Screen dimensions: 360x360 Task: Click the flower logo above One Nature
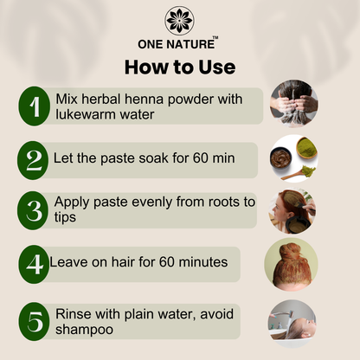point(179,21)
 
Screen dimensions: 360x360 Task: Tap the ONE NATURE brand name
point(177,44)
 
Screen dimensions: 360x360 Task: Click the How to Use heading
point(180,67)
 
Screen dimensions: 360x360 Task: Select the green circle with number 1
point(35,106)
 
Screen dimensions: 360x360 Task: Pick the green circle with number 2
point(33,160)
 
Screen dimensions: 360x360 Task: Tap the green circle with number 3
point(33,210)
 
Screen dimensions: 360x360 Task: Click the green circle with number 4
point(34,264)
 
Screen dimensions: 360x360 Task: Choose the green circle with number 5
point(35,321)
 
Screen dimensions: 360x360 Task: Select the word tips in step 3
point(65,217)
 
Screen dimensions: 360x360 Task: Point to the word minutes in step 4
point(203,262)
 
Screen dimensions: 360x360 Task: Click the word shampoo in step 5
point(84,330)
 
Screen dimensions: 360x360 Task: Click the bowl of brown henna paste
point(280,158)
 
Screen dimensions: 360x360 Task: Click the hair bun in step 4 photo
point(291,251)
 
